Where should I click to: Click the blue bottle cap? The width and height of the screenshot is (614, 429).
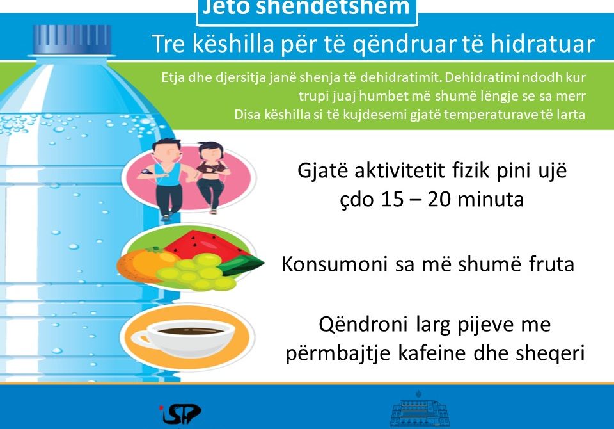pos(72,39)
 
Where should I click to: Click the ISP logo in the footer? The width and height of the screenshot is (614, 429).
pos(180,414)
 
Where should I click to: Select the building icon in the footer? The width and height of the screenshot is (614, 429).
pos(420,409)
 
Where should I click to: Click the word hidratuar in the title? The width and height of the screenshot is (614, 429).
pos(543,44)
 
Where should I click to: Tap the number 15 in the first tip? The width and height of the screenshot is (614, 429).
pos(392,199)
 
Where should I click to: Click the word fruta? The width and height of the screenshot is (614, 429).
pos(551,264)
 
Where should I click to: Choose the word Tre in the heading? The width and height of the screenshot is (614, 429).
pos(168,44)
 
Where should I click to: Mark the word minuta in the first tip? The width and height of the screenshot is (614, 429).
pos(491,199)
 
